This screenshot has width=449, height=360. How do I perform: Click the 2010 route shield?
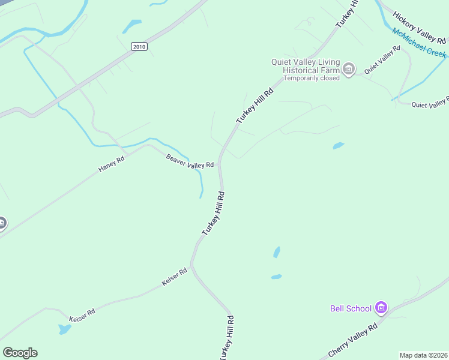[139, 46]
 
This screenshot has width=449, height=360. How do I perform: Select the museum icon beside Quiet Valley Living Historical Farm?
[349, 70]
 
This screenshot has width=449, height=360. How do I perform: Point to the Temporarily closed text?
[312, 78]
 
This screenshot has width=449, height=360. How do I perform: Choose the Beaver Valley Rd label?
[190, 161]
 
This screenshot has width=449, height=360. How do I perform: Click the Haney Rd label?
[112, 164]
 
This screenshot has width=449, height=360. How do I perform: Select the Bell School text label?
[351, 308]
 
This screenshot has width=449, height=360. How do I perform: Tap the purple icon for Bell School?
[380, 308]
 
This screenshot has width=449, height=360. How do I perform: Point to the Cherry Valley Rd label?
[352, 340]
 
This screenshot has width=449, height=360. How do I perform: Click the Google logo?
[20, 353]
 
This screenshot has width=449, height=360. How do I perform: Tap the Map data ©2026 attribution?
[424, 355]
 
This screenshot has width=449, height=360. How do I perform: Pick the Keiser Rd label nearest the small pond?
[82, 314]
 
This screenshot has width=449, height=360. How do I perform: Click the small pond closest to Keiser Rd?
[64, 329]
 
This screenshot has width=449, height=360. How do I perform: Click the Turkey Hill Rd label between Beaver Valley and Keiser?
[213, 213]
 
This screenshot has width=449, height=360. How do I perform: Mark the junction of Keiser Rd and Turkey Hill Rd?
[191, 264]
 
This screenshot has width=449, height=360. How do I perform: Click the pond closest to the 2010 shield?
[131, 26]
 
